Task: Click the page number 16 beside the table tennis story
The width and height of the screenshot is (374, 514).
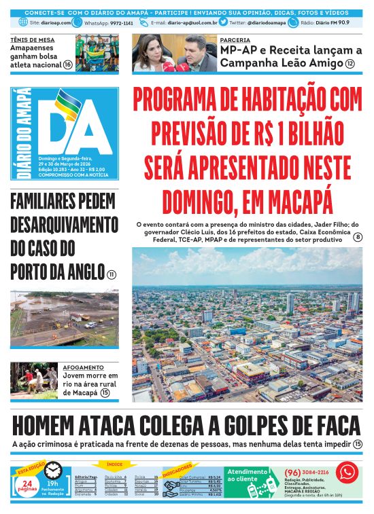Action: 68,65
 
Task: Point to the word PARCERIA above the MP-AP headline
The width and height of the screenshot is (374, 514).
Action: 234,40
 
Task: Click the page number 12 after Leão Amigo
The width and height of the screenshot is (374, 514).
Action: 350,64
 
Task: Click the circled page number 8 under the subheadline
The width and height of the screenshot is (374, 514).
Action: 357,237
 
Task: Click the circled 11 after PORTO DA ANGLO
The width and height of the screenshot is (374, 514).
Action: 111,274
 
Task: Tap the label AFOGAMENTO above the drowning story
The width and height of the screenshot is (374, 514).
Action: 81,367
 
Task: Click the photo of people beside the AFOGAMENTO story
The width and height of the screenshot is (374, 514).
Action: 34,380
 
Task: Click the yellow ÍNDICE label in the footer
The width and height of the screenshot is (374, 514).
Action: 112,465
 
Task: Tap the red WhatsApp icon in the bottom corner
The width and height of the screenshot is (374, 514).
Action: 347,471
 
